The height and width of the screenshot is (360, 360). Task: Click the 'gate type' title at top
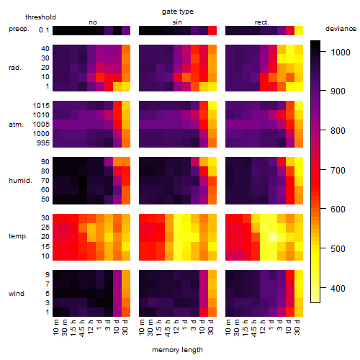tap(178, 12)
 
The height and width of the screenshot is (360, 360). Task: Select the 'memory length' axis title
tap(177, 350)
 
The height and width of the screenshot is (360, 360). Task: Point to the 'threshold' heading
tap(40, 17)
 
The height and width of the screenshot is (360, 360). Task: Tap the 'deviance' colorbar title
tap(341, 29)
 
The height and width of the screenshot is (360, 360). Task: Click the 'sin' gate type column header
tap(177, 22)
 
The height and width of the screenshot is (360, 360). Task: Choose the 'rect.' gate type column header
tap(262, 22)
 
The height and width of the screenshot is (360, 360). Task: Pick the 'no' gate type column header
tap(93, 22)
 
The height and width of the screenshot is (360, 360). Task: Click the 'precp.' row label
tap(19, 29)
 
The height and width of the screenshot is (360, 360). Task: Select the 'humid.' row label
tap(20, 181)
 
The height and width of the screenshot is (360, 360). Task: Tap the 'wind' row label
tap(17, 294)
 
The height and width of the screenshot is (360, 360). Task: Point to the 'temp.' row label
tap(18, 236)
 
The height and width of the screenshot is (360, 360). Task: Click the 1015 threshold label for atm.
tap(41, 106)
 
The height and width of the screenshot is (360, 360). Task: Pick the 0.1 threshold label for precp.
tap(44, 30)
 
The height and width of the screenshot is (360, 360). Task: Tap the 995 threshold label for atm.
tap(43, 143)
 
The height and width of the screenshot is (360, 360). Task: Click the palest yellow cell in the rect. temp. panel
tap(273, 237)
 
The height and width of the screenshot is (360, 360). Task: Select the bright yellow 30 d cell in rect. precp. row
tap(299, 31)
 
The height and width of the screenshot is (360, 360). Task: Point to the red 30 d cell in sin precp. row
tap(212, 31)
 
